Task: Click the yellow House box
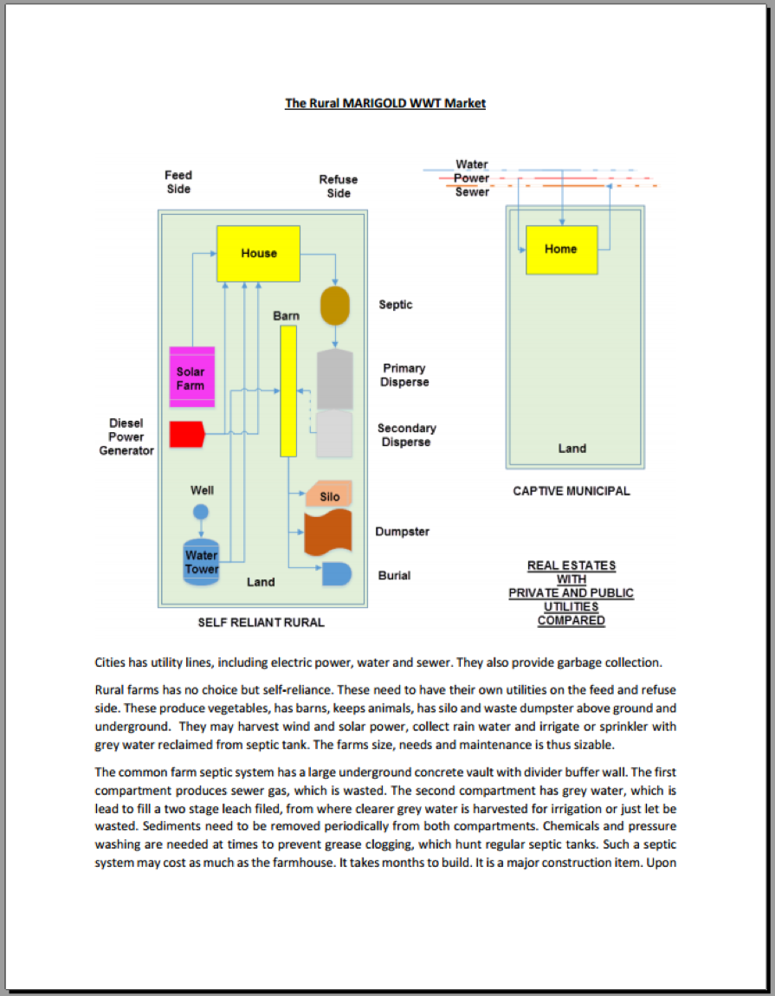point(259,254)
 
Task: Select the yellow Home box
point(562,249)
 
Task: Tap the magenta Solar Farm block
point(192,377)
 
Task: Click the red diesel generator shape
point(187,435)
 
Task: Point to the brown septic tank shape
point(335,306)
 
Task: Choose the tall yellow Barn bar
point(288,391)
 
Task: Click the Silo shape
point(329,495)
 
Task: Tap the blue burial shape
point(337,573)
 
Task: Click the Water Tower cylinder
point(202,561)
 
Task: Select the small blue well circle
point(201,511)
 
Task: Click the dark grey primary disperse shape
point(335,378)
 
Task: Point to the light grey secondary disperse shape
point(334,434)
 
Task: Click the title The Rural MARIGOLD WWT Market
point(385,103)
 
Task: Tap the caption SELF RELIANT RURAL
point(262,623)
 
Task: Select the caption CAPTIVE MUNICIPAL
point(572,491)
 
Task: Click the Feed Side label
point(178,182)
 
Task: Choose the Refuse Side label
point(339,186)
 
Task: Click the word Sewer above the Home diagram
point(472,191)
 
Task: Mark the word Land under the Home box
point(572,449)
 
